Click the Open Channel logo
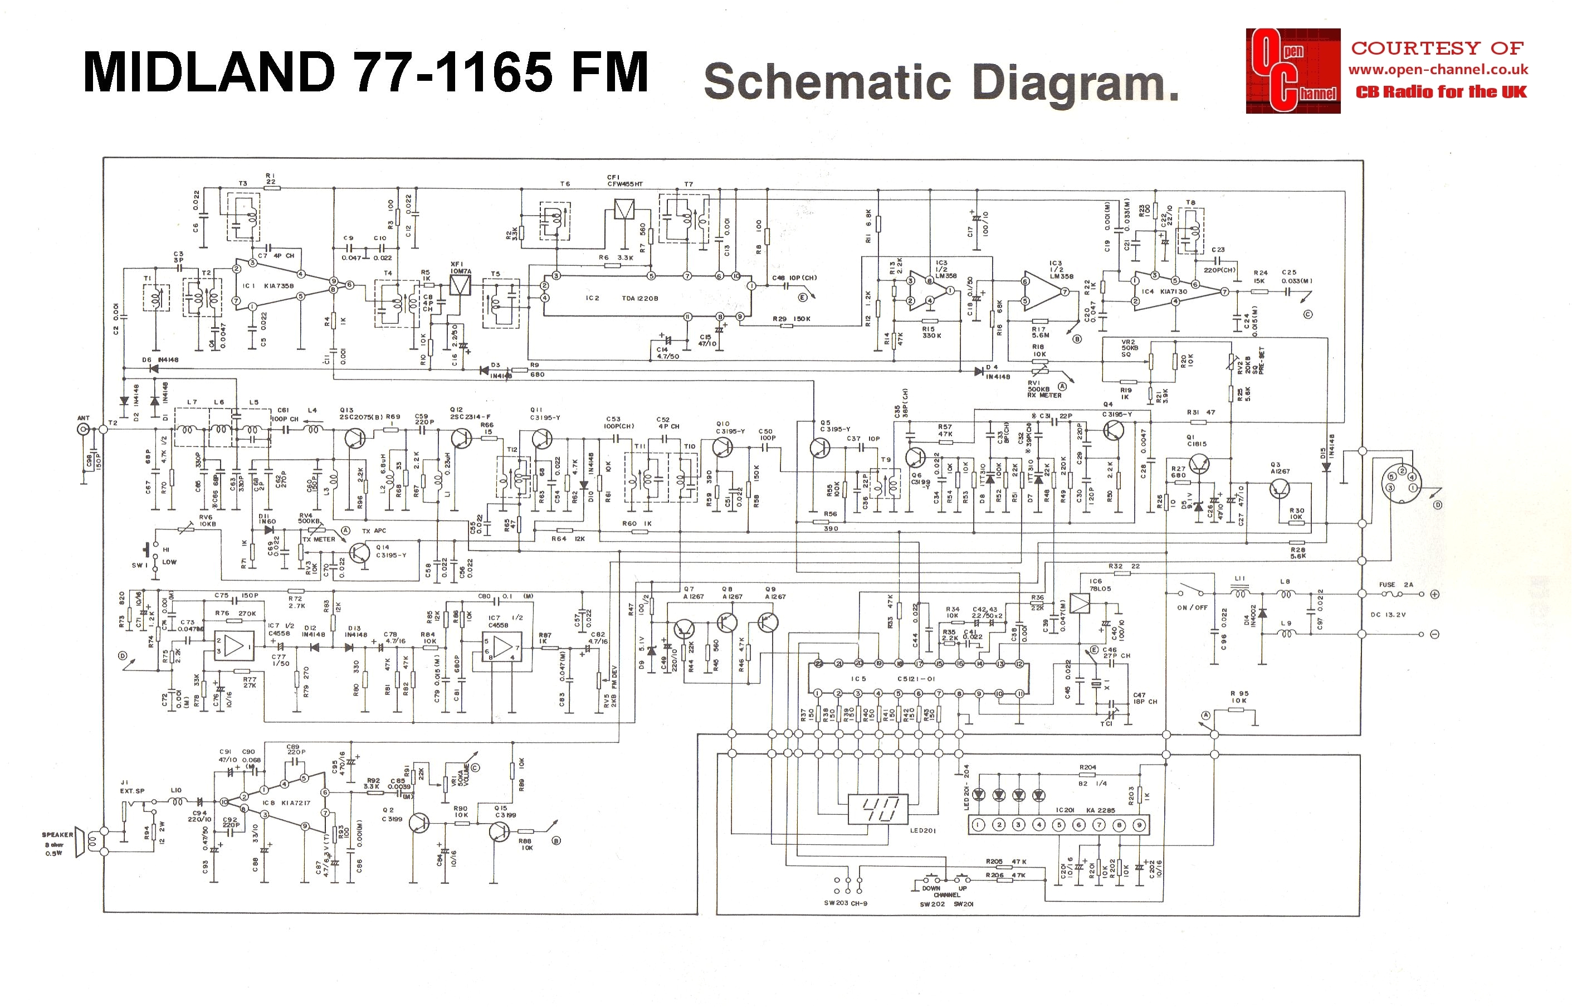pos(1292,71)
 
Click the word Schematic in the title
pos(827,83)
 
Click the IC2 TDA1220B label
pos(621,298)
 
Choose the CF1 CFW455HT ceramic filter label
pos(624,181)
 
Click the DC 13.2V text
pos(1387,615)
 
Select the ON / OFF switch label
pos(1192,607)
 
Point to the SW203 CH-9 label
pos(844,903)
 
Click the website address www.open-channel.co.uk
pos(1438,69)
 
